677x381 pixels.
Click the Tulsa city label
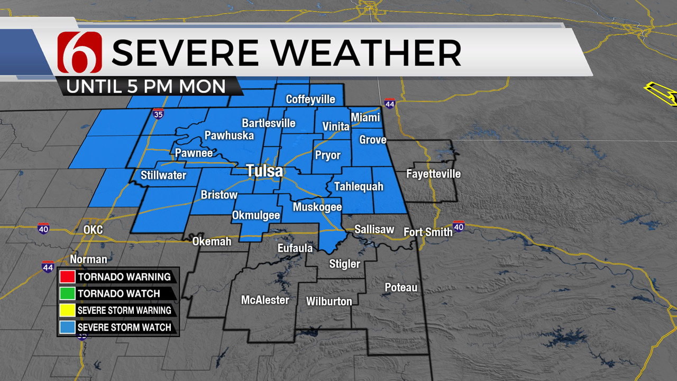[x=264, y=171]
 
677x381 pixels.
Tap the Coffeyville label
[x=310, y=99]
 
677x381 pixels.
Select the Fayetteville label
[x=433, y=174]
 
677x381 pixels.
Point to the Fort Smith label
[x=428, y=232]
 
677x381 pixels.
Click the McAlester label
[x=265, y=300]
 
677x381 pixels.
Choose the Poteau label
[x=401, y=287]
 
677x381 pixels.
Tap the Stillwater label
[x=163, y=175]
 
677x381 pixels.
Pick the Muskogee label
[x=317, y=207]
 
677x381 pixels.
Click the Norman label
[x=88, y=259]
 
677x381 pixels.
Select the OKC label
[x=93, y=230]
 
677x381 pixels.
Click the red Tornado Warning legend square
[x=67, y=277]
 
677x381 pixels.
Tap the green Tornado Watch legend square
[x=67, y=294]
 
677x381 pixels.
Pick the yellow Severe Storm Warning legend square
[x=67, y=311]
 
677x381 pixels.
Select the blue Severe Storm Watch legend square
[x=67, y=328]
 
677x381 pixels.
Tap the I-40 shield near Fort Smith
[x=459, y=226]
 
